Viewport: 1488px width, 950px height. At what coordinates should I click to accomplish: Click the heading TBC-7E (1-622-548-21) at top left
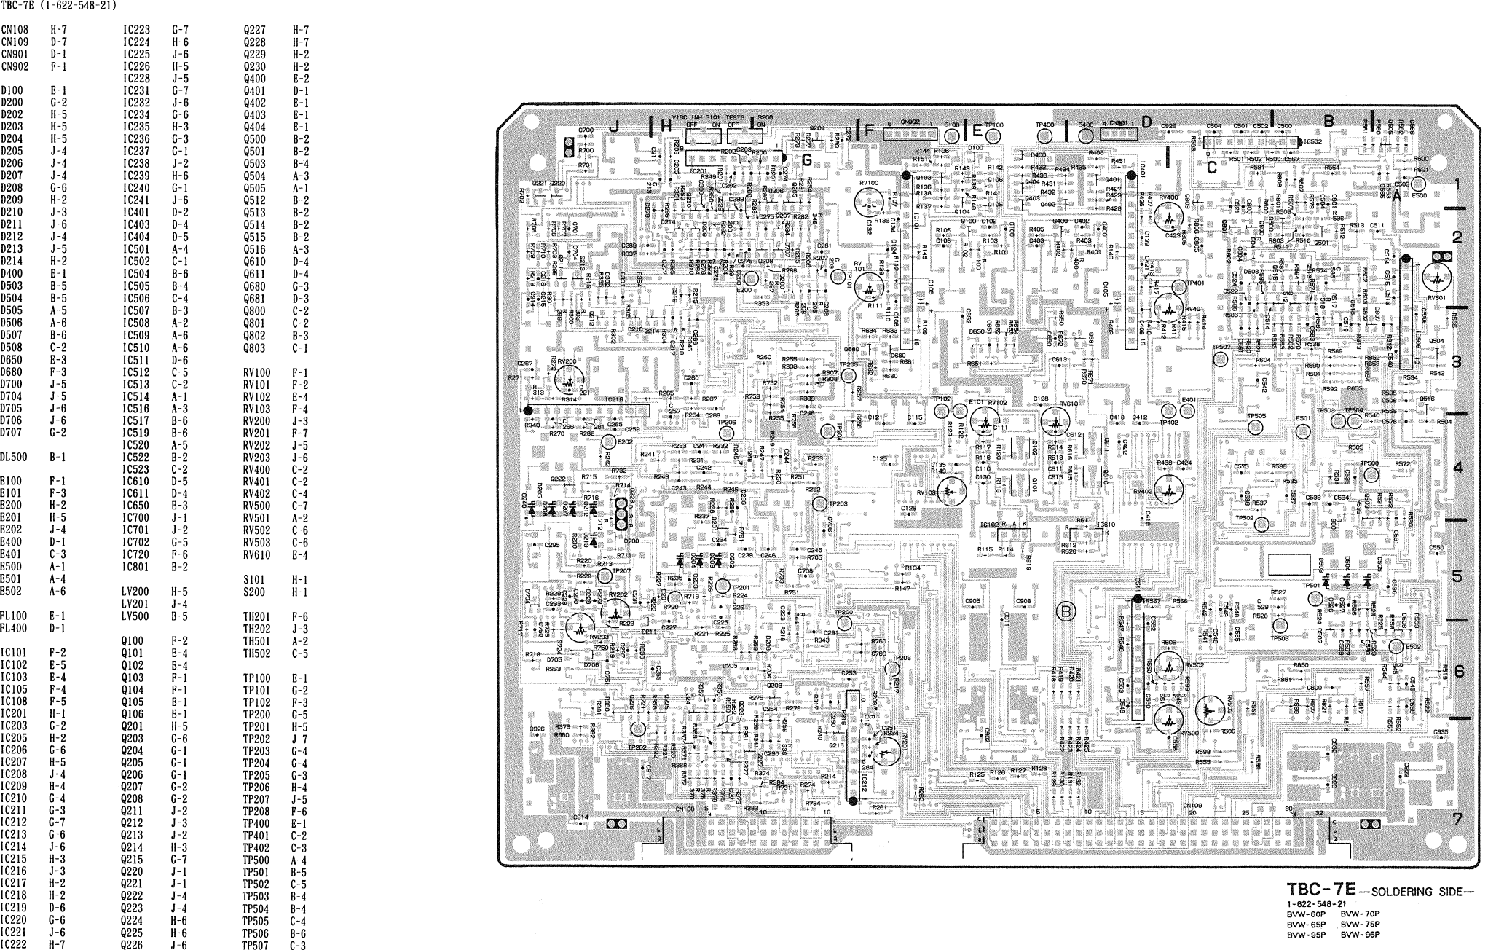pos(59,6)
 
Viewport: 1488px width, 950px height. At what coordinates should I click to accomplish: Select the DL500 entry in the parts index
pos(14,458)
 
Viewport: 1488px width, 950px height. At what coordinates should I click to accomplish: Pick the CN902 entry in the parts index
pos(14,66)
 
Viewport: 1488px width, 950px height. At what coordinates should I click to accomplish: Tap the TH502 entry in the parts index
pos(256,653)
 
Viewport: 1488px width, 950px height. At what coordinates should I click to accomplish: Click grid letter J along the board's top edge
pos(614,126)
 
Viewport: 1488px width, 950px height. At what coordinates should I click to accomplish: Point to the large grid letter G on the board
pos(806,160)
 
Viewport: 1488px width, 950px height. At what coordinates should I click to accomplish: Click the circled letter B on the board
pos(1066,611)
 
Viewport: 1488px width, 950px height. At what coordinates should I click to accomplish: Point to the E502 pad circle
pos(1396,647)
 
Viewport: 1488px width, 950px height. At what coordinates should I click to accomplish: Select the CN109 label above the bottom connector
pos(1192,805)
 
